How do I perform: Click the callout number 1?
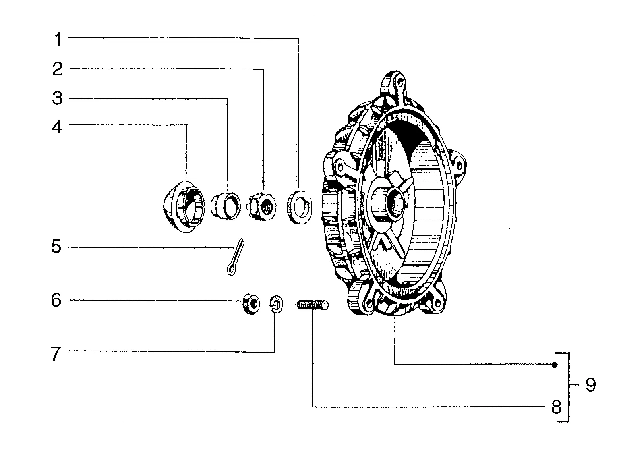(58, 39)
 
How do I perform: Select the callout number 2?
(57, 69)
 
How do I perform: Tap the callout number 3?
(57, 98)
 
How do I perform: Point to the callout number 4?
(57, 127)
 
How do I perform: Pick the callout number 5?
(56, 246)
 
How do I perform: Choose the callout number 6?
(56, 300)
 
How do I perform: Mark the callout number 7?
(56, 353)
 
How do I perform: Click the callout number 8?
(556, 407)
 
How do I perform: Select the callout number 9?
(591, 385)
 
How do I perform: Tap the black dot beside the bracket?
(555, 365)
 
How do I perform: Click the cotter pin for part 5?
(236, 257)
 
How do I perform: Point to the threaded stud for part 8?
(313, 305)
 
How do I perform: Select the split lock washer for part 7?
(276, 305)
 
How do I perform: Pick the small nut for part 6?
(251, 304)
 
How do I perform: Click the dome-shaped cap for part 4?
(184, 206)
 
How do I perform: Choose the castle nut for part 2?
(262, 207)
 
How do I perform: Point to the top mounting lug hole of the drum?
(400, 82)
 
